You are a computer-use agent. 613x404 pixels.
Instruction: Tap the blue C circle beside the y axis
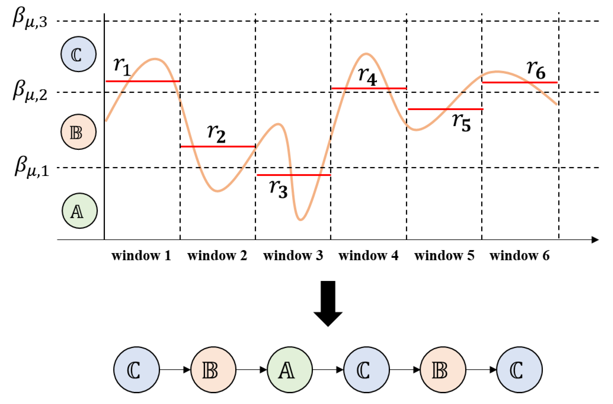pyautogui.click(x=79, y=54)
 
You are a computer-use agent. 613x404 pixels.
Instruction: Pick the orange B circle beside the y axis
pyautogui.click(x=79, y=132)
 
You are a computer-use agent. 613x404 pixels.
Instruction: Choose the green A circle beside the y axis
pyautogui.click(x=80, y=211)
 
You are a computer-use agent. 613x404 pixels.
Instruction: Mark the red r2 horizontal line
pyautogui.click(x=218, y=147)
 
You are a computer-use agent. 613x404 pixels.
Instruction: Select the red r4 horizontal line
pyautogui.click(x=369, y=88)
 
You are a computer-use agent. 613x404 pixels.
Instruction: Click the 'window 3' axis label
pyautogui.click(x=293, y=256)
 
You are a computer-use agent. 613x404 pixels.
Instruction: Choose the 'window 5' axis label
pyautogui.click(x=444, y=256)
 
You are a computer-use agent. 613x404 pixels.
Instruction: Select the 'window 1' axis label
pyautogui.click(x=141, y=256)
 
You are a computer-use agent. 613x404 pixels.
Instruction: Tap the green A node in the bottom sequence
pyautogui.click(x=290, y=370)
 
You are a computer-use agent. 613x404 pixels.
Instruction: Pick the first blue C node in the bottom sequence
pyautogui.click(x=136, y=370)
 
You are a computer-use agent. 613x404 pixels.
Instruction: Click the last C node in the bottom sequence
pyautogui.click(x=519, y=370)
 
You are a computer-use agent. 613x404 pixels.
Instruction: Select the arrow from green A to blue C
pyautogui.click(x=328, y=370)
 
